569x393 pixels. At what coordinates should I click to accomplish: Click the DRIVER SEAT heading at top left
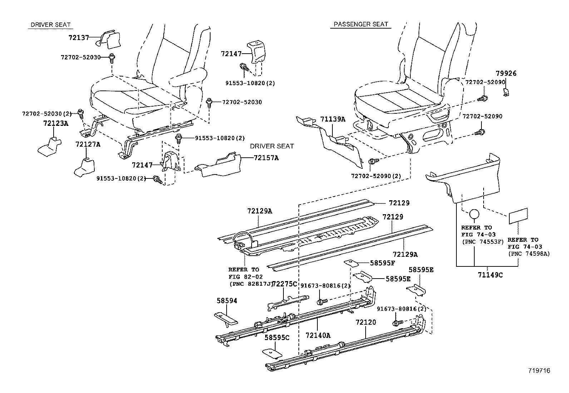(x=51, y=25)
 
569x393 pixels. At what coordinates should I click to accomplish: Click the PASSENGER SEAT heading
(x=360, y=24)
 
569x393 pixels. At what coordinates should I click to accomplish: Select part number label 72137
(x=79, y=37)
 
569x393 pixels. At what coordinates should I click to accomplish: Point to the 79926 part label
(x=506, y=73)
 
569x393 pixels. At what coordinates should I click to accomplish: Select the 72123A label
(x=55, y=123)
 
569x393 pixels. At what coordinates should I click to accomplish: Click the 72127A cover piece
(x=84, y=167)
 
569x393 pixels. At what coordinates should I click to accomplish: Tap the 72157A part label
(x=266, y=157)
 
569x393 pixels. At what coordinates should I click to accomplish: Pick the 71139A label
(x=333, y=119)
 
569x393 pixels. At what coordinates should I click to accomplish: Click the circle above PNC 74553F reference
(x=474, y=214)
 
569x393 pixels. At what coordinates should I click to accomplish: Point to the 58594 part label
(x=227, y=301)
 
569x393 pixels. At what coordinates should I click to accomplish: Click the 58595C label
(x=277, y=337)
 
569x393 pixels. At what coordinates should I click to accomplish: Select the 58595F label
(x=382, y=263)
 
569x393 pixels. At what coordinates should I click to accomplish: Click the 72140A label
(x=318, y=335)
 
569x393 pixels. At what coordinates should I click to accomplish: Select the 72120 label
(x=366, y=322)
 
